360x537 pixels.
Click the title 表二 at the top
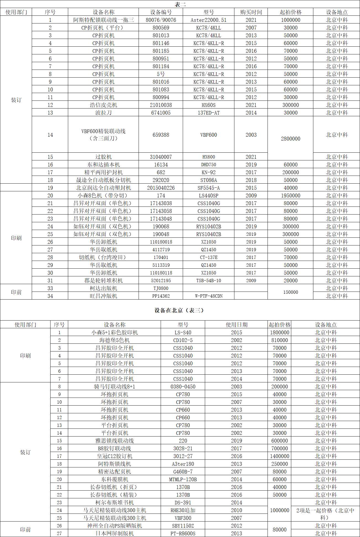tap(180, 4)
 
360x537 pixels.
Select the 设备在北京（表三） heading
tap(179, 310)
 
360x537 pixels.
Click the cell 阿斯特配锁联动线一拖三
tap(104, 20)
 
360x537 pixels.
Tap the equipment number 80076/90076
tap(161, 20)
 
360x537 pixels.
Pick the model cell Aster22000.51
tap(208, 20)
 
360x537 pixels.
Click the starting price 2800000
tap(290, 139)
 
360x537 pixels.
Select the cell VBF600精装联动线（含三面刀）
tap(104, 135)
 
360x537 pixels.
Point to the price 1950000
tap(290, 195)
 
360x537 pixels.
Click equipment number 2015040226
tap(161, 188)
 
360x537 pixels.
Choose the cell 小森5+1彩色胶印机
tap(115, 332)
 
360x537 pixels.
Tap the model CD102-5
tap(183, 340)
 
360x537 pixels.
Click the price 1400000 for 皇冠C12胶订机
tap(279, 456)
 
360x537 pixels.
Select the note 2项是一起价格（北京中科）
tap(325, 514)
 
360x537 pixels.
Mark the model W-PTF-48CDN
tap(208, 296)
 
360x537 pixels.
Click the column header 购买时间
tap(251, 12)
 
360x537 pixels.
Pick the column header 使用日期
tap(237, 325)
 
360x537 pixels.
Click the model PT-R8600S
tap(183, 533)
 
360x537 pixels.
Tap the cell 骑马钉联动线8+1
tap(115, 387)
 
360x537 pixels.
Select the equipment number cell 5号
tap(161, 74)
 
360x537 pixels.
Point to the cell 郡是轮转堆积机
tap(104, 281)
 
